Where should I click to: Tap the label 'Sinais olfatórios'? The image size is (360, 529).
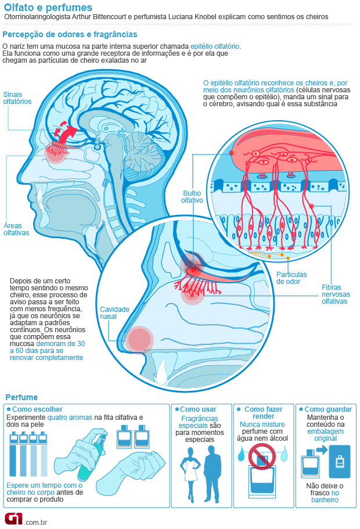17,98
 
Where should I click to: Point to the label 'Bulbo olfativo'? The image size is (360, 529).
192,196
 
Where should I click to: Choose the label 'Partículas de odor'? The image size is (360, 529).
291,278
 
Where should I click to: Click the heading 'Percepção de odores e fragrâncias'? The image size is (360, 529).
70,35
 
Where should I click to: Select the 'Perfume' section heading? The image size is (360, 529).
21,397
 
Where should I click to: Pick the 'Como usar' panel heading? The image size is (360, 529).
201,409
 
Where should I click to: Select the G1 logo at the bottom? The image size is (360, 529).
14,518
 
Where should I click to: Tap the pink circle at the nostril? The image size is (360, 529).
139,339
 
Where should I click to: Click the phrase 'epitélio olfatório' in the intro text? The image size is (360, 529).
215,45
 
